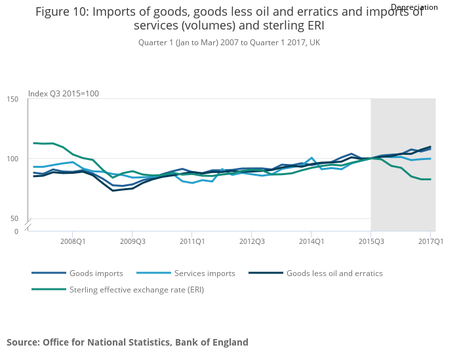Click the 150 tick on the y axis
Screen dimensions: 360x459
coord(13,99)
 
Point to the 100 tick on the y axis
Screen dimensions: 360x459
coord(13,159)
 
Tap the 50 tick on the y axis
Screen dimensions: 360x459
coord(13,218)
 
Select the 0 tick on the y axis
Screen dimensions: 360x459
coord(16,231)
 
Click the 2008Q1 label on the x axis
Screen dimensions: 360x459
coord(72,241)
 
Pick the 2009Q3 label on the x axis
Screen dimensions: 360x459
coord(132,241)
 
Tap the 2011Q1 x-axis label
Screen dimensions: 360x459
coord(191,241)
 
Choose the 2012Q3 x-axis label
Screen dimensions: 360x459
coord(251,241)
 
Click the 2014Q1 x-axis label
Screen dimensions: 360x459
coord(311,241)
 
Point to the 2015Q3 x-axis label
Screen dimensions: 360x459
coord(370,241)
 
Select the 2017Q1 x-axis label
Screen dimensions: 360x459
coord(430,241)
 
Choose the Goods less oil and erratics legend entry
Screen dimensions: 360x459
coord(334,273)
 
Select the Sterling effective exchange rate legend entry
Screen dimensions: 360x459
coord(136,289)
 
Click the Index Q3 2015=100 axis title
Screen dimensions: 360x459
coord(64,94)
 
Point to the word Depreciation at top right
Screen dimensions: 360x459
coord(414,7)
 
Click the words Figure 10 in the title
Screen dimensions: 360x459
coord(62,12)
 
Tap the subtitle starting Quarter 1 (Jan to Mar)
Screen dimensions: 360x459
coord(229,43)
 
